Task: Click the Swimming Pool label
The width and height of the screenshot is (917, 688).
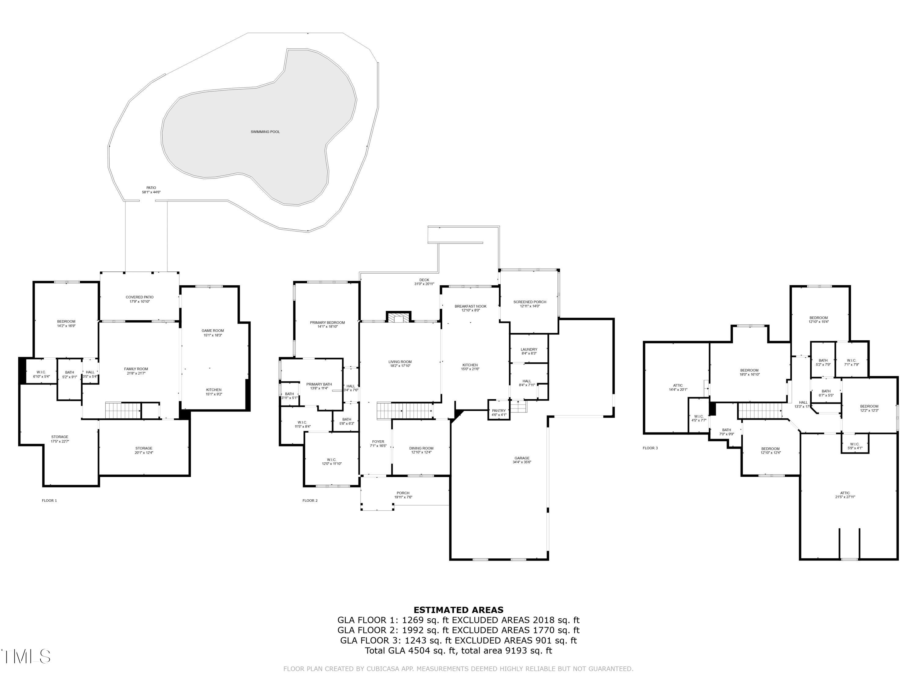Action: [x=265, y=132]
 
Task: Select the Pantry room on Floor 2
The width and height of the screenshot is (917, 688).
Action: [x=499, y=412]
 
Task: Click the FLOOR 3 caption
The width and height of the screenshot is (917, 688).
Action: [x=650, y=448]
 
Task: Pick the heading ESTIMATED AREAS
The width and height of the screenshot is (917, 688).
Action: [x=458, y=610]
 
